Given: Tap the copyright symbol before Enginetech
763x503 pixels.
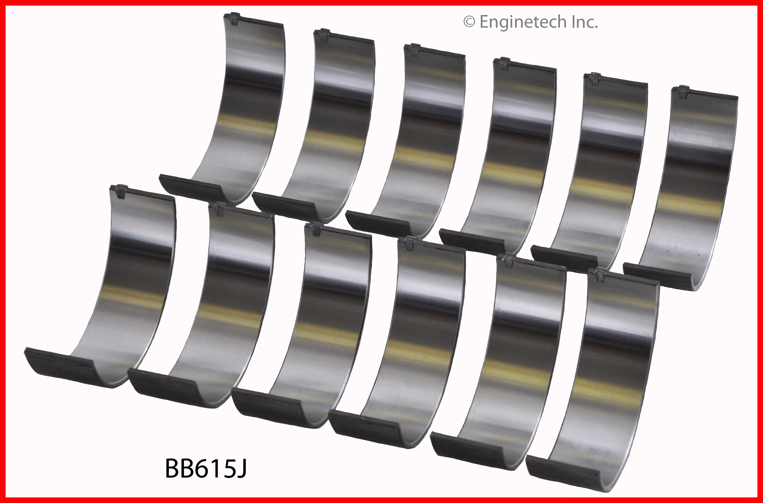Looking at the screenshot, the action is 469,22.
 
